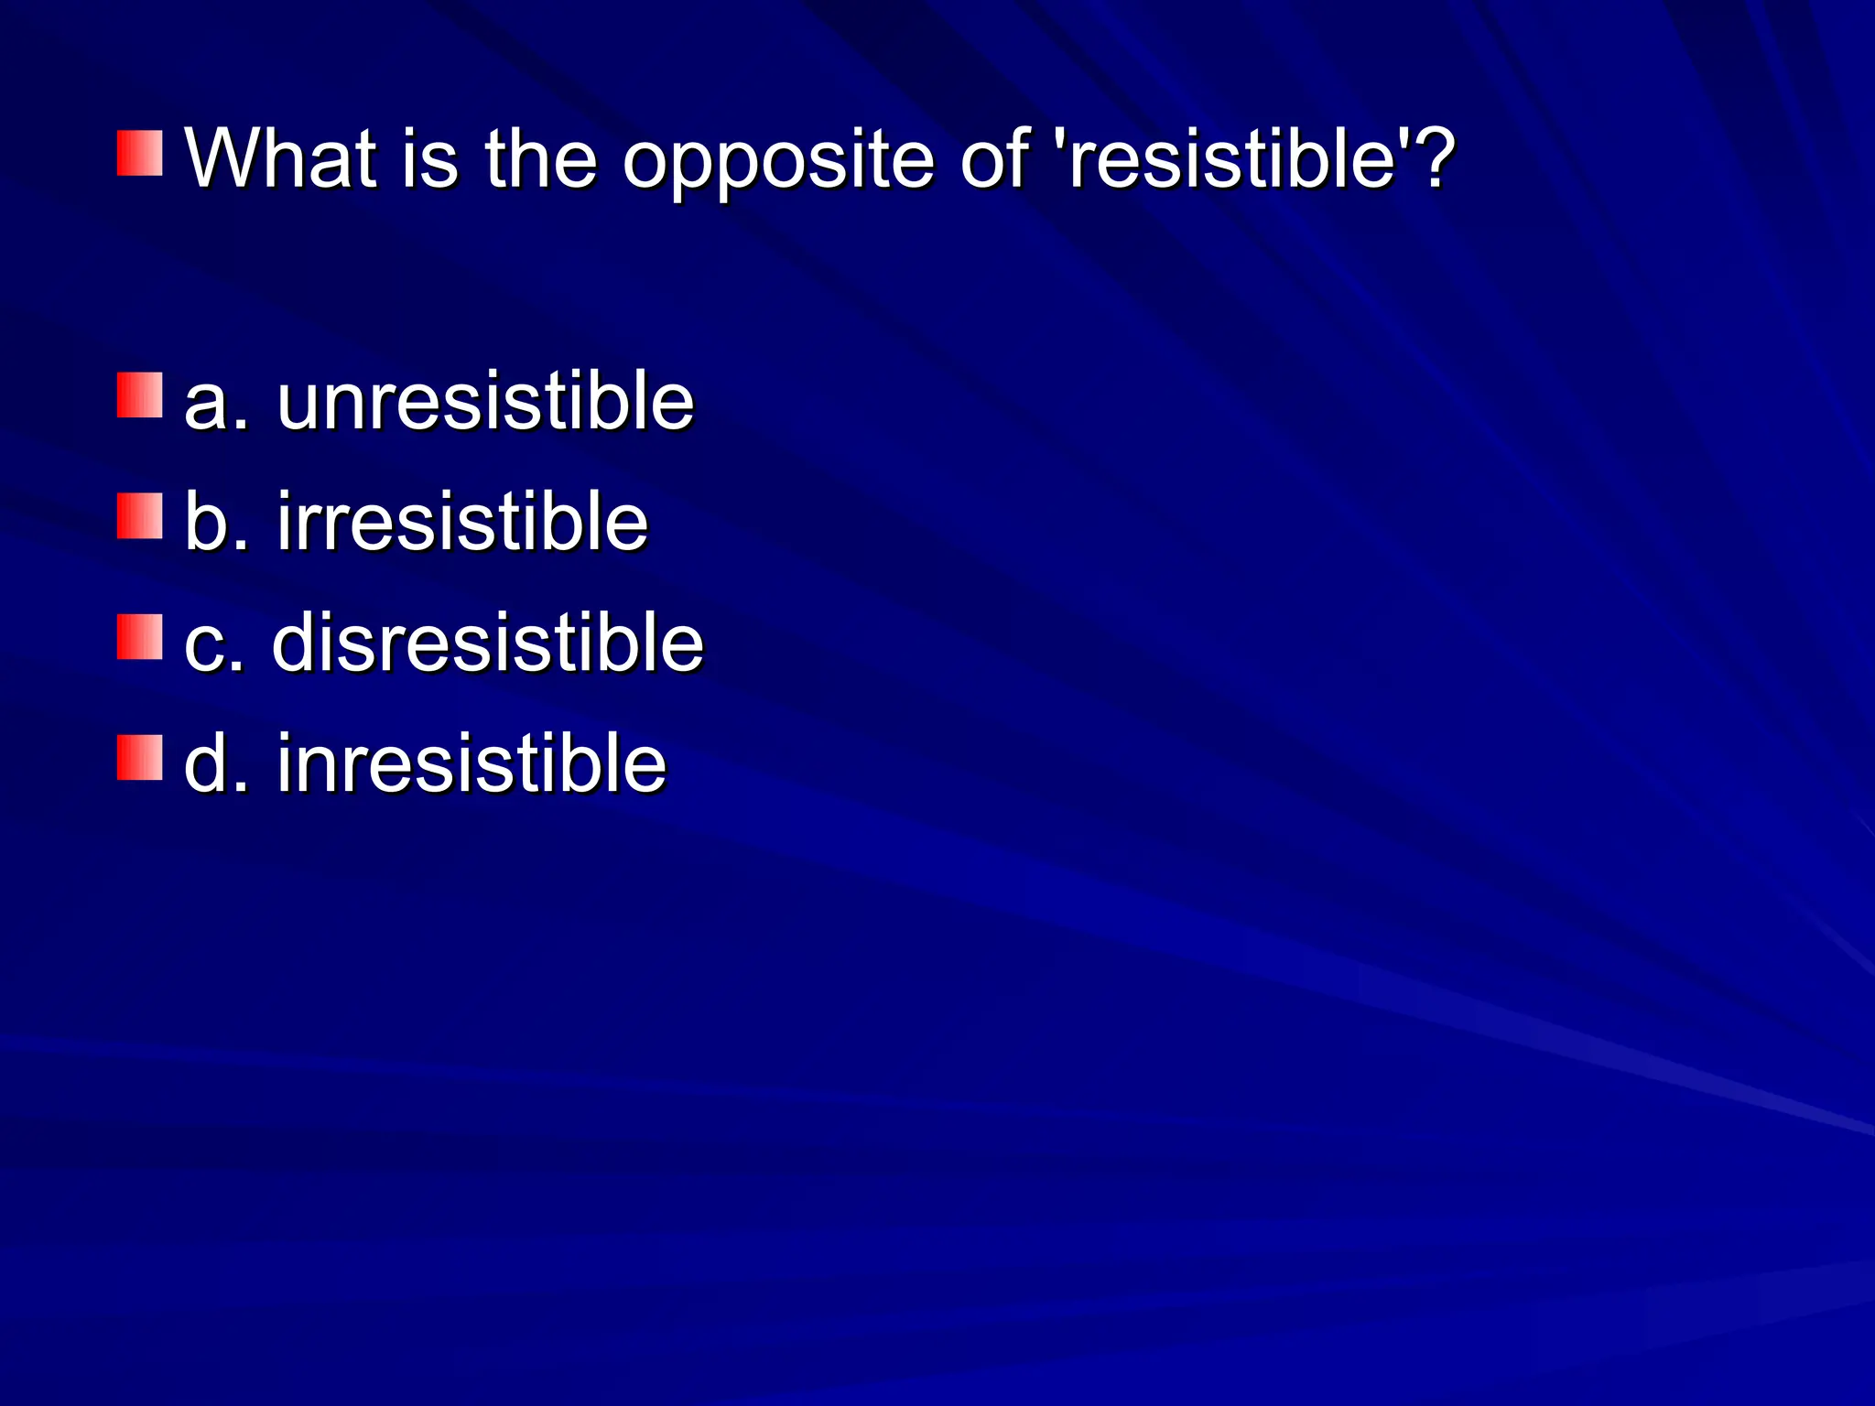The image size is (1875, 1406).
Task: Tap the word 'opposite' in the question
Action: click(778, 163)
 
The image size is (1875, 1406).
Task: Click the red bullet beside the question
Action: click(139, 153)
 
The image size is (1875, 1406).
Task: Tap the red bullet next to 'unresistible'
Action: click(139, 395)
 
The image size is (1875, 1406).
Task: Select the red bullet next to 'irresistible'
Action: click(139, 515)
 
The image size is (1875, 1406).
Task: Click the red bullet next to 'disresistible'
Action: click(139, 636)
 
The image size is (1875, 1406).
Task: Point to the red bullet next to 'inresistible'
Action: click(139, 757)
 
